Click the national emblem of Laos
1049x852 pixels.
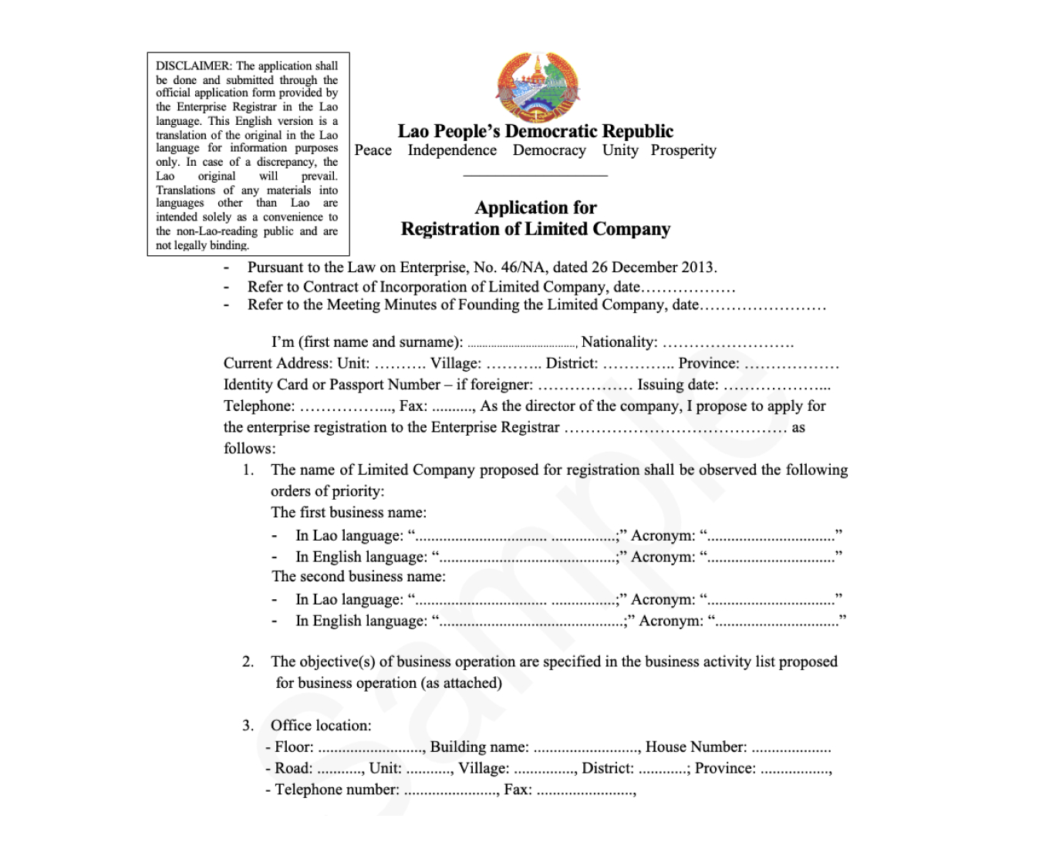point(537,86)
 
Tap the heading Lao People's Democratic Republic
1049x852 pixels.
point(535,131)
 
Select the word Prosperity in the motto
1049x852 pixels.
point(683,150)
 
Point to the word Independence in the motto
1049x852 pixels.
point(452,150)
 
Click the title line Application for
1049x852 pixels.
point(535,207)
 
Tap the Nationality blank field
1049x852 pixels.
point(727,343)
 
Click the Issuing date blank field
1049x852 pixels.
point(777,386)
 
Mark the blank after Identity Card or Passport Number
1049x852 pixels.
point(585,386)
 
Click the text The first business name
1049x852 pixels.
point(349,513)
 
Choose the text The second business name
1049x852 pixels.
point(359,577)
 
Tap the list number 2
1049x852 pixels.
point(247,662)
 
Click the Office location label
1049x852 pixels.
point(321,726)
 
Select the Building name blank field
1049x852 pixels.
point(586,748)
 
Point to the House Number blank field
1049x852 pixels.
point(791,748)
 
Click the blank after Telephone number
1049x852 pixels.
point(450,790)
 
